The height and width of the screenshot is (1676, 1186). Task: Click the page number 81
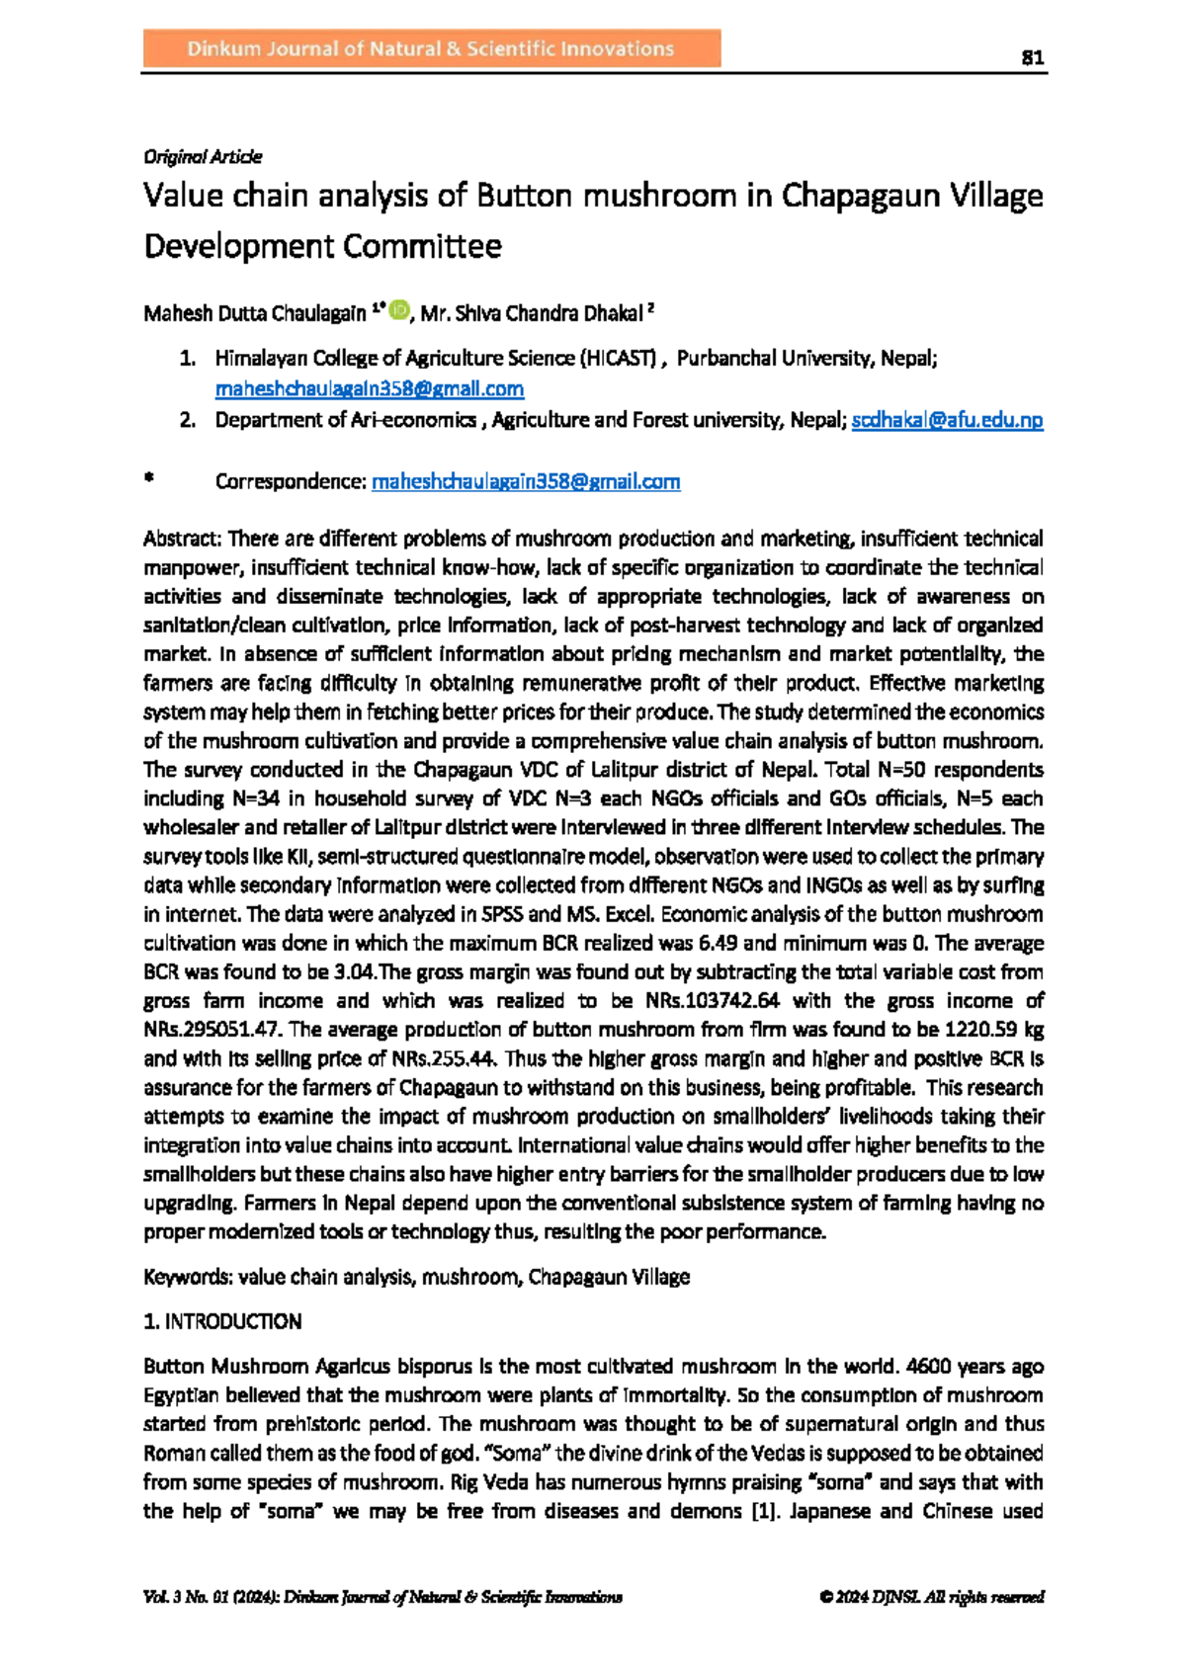[x=1032, y=57]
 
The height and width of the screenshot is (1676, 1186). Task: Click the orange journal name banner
[x=432, y=48]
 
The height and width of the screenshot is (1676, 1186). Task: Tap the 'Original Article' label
[x=203, y=156]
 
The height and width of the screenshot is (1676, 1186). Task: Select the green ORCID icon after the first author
[x=398, y=310]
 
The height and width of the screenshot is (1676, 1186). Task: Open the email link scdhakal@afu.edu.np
[x=947, y=420]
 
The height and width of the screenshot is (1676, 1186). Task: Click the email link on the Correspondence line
[x=526, y=481]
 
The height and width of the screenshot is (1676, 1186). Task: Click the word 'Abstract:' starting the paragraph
[x=183, y=539]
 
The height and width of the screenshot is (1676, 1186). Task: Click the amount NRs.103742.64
[x=712, y=1000]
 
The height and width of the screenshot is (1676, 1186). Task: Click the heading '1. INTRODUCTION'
[x=222, y=1321]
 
